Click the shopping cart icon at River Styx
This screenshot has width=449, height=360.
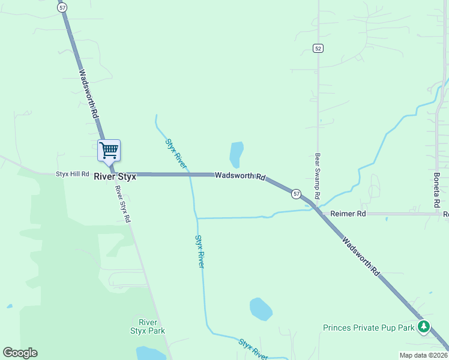click(x=109, y=150)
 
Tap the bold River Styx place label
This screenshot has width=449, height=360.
click(x=115, y=177)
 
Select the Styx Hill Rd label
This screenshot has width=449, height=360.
click(x=72, y=174)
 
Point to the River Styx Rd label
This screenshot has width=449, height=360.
click(x=122, y=205)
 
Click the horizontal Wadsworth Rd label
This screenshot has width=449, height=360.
click(x=240, y=176)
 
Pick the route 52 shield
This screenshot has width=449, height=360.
click(x=318, y=48)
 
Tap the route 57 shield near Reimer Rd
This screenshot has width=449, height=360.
click(x=296, y=194)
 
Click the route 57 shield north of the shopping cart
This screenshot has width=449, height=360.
click(x=62, y=7)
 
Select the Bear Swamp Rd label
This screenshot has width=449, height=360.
click(x=318, y=176)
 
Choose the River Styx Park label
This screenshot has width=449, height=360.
click(x=147, y=326)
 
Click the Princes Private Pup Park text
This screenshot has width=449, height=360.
click(x=369, y=328)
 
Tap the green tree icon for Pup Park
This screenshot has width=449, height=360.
click(x=424, y=326)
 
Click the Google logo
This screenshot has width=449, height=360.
click(x=20, y=353)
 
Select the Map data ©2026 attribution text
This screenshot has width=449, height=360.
click(x=423, y=355)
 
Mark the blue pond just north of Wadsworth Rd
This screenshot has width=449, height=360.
click(x=237, y=154)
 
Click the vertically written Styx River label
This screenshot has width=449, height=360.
click(x=200, y=251)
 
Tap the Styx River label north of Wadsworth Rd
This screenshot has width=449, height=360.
click(x=176, y=154)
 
